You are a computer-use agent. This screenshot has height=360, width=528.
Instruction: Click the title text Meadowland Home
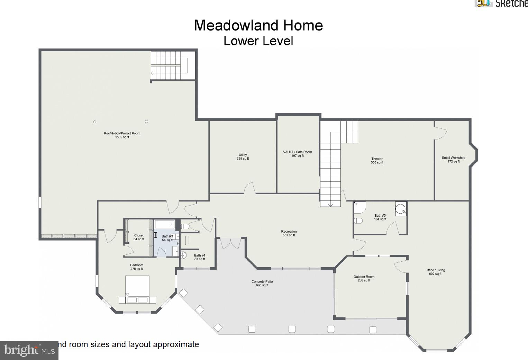(258, 26)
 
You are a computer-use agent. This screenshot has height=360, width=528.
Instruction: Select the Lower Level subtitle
(258, 41)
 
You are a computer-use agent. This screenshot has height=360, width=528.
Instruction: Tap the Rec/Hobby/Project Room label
(122, 135)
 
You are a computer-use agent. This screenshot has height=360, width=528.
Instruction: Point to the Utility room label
(243, 156)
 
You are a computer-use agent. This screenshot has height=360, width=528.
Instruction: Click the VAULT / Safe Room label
(298, 154)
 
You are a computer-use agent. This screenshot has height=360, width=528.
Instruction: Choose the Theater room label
(377, 161)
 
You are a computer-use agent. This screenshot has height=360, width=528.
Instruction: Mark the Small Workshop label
(453, 159)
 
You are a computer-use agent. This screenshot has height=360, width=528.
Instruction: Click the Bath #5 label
(380, 217)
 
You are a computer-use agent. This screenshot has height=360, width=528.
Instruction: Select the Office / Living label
(435, 272)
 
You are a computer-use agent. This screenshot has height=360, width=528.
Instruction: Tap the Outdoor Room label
(364, 278)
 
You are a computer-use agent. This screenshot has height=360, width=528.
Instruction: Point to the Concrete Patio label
(262, 283)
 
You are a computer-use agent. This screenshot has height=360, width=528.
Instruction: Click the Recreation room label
(289, 233)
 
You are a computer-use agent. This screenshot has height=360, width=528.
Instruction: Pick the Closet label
(139, 237)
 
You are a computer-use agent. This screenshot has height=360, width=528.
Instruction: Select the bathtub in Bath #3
(164, 224)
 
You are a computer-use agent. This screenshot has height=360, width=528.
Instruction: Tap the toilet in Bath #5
(358, 220)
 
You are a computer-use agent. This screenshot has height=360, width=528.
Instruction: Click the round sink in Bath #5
(401, 209)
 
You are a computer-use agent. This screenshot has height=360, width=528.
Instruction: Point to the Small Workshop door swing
(441, 133)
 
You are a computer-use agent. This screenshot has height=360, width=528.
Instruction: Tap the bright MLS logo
(29, 350)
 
